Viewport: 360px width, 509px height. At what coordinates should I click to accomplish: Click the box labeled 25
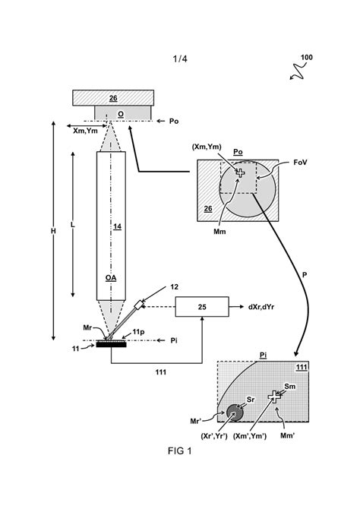point(202,306)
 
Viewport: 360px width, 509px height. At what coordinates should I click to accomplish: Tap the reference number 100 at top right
point(307,58)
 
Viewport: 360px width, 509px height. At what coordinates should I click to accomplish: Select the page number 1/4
point(180,58)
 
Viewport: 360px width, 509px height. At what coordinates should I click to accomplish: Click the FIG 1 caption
point(179,451)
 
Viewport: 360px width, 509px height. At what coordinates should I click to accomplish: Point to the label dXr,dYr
point(261,307)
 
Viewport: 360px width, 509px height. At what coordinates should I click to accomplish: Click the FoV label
point(300,163)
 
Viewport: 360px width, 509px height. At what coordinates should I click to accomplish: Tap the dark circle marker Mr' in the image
point(235,413)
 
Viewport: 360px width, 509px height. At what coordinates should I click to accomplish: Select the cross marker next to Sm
point(274,397)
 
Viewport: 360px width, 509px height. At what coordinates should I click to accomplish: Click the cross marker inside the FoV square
point(240,172)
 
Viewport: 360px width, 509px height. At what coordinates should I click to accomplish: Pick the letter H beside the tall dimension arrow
point(54,231)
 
